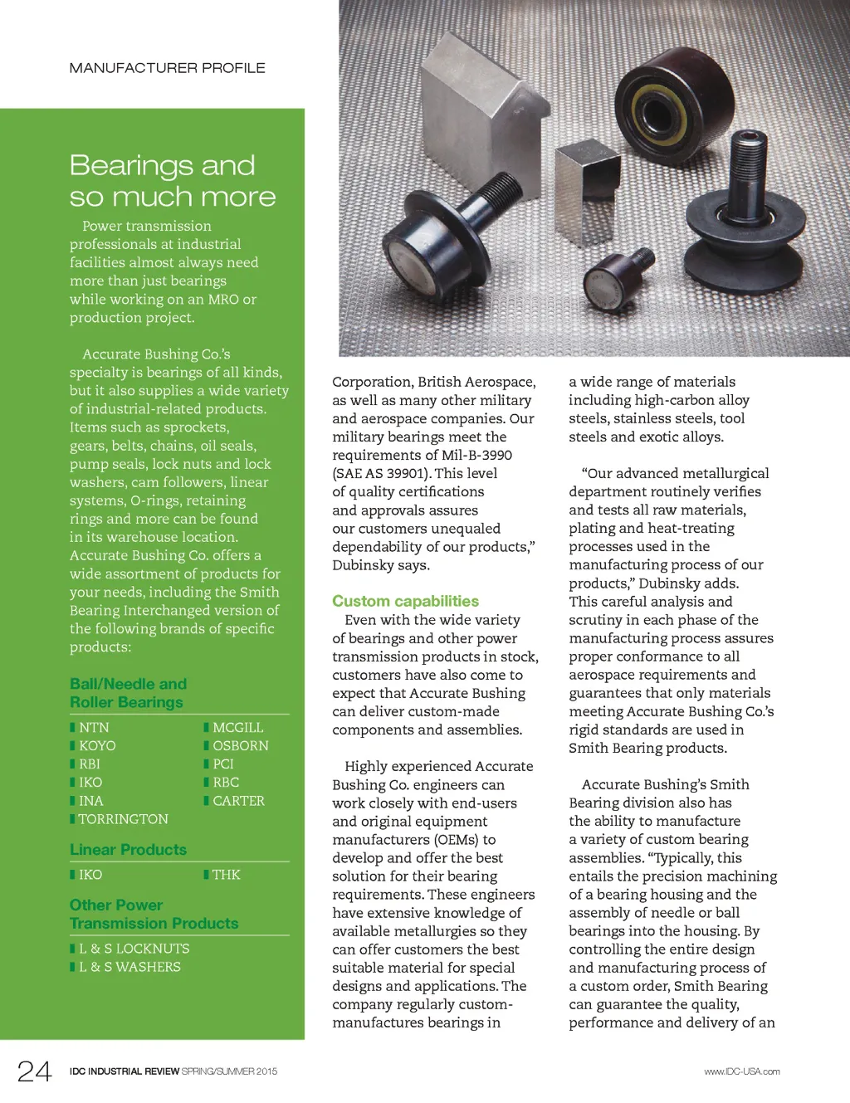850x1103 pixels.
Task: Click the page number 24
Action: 35,1071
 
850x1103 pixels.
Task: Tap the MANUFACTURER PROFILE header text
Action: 167,68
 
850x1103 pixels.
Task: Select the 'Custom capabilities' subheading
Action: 405,601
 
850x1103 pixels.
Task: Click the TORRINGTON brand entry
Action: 123,819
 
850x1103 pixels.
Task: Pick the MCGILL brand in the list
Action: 237,728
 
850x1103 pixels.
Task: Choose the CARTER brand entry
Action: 238,801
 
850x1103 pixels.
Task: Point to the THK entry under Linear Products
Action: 226,875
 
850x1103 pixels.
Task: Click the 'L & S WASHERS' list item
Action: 129,967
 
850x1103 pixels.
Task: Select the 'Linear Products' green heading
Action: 128,850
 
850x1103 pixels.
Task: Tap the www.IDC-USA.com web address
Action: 741,1071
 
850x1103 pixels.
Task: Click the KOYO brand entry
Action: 97,746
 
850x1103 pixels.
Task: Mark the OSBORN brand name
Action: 240,746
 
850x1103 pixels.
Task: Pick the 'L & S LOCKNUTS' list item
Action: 134,949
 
